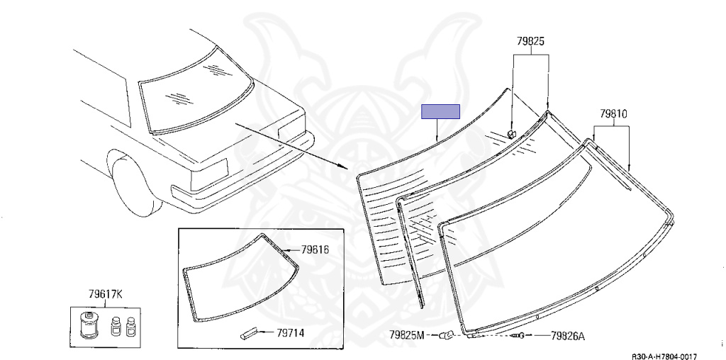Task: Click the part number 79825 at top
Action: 530,41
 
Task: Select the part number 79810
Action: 613,113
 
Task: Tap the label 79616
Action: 315,250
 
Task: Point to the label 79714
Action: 290,332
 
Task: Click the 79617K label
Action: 106,294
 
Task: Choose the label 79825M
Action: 406,335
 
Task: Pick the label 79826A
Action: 568,336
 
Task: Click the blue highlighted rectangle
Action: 440,111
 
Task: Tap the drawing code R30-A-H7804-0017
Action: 664,356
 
